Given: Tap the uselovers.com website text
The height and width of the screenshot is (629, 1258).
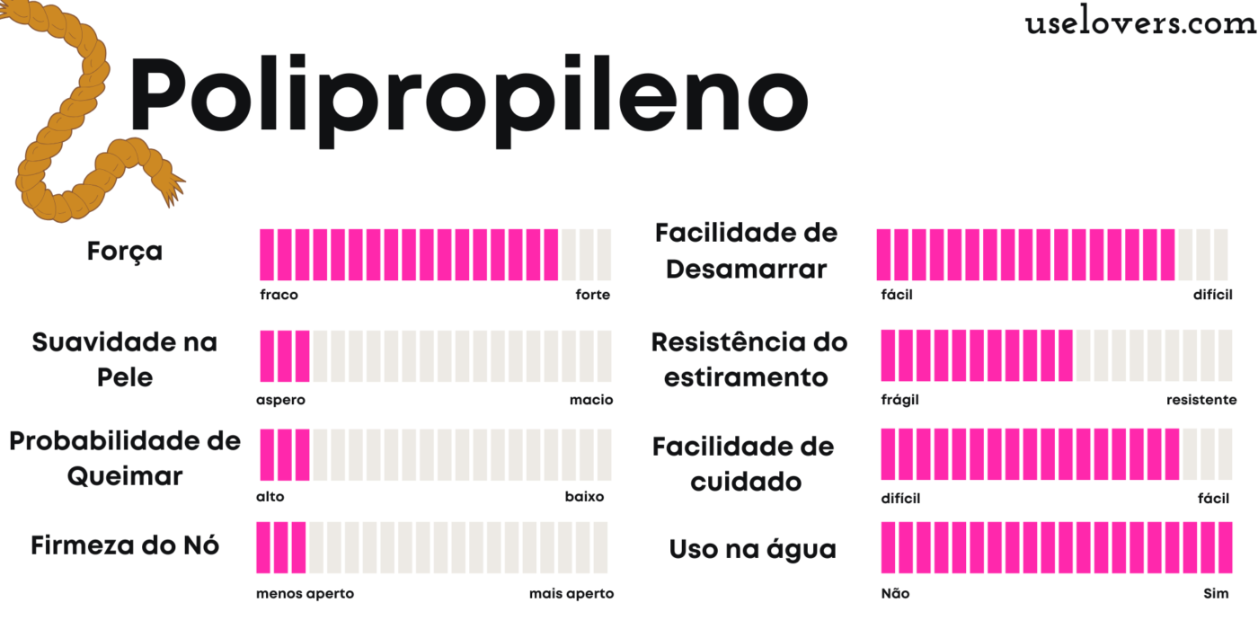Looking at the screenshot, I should click(1140, 24).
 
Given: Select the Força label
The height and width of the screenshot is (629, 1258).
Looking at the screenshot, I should click(125, 251).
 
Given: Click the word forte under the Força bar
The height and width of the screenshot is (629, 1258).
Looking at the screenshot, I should click(593, 295).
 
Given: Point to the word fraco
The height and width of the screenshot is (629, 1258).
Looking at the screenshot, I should click(279, 295).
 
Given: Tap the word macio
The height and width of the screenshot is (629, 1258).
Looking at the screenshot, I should click(591, 400).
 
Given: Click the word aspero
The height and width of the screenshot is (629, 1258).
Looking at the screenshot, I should click(280, 400).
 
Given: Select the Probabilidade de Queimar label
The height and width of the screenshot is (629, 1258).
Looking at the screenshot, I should click(125, 458).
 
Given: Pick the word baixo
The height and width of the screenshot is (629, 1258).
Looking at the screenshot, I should click(584, 497).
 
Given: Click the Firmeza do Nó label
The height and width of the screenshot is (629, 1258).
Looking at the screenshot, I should click(125, 545).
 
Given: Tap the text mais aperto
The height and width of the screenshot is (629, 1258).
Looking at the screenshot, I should click(571, 594).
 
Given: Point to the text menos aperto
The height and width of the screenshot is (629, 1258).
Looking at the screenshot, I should click(305, 594).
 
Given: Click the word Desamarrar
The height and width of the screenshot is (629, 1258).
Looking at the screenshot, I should click(747, 269).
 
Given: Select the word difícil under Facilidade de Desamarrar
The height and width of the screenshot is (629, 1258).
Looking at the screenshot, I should click(1213, 295).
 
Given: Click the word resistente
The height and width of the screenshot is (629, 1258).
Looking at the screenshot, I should click(1201, 400).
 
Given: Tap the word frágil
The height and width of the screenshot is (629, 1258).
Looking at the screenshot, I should click(900, 400).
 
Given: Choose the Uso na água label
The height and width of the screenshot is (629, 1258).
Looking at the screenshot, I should click(753, 550).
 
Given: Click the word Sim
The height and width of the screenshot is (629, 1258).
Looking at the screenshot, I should click(1216, 594).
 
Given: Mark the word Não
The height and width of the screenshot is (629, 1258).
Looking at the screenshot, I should click(895, 594).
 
